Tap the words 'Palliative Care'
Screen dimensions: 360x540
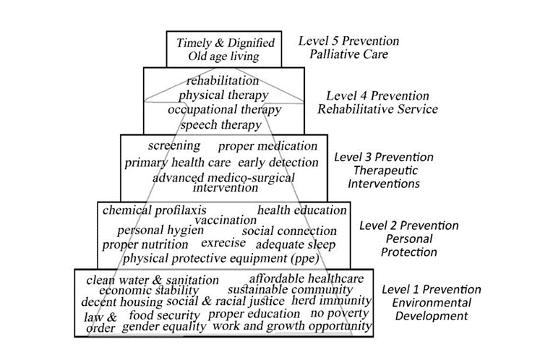(348, 54)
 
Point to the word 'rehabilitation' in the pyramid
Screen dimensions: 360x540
(223, 80)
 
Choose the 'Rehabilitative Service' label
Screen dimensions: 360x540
(382, 109)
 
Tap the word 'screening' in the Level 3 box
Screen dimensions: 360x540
(174, 146)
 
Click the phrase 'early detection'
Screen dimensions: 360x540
(278, 162)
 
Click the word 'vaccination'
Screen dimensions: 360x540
(226, 219)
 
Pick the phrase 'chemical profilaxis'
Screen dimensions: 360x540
(155, 210)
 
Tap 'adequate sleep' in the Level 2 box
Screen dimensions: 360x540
(296, 244)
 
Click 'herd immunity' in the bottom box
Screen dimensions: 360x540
(332, 300)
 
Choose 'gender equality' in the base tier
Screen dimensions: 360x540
(164, 327)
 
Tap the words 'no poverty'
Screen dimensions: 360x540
(340, 314)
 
